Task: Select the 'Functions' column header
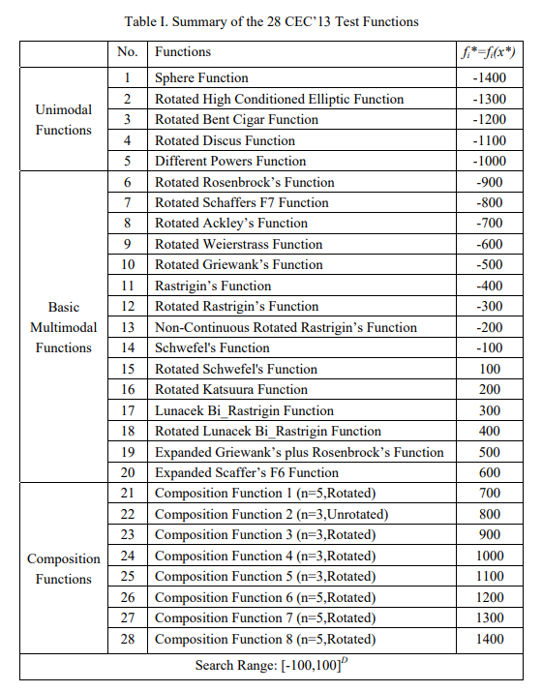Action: [x=183, y=51]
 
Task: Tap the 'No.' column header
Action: [x=127, y=51]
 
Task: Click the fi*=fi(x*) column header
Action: [x=490, y=51]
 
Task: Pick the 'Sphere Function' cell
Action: [x=201, y=77]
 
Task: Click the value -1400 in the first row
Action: [x=490, y=77]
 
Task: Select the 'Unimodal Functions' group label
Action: [x=64, y=119]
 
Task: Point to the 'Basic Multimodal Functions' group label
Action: [x=64, y=327]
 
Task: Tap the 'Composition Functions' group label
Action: [x=64, y=569]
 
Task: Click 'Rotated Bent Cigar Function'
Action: [x=236, y=119]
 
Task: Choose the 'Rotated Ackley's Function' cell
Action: [x=231, y=224]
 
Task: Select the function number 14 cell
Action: [x=127, y=348]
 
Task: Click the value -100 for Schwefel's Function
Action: [x=490, y=348]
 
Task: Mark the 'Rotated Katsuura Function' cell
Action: [x=231, y=390]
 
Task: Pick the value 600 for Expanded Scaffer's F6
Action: [x=490, y=473]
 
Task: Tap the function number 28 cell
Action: [x=127, y=640]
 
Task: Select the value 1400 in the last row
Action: [x=490, y=640]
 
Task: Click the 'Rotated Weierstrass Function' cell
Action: [x=239, y=244]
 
